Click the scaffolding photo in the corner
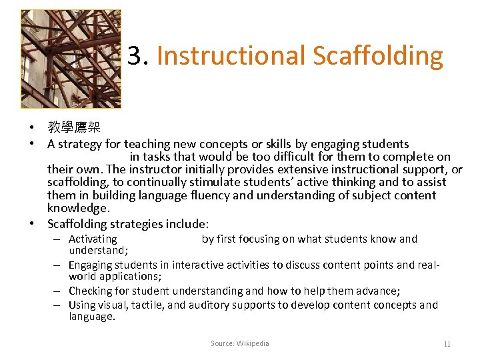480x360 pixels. pos(71,59)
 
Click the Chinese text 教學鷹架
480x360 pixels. pos(71,128)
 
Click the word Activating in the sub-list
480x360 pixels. pos(93,239)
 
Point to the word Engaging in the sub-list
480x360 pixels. pos(90,265)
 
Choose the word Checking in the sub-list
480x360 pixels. pos(91,291)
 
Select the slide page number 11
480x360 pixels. pos(447,344)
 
